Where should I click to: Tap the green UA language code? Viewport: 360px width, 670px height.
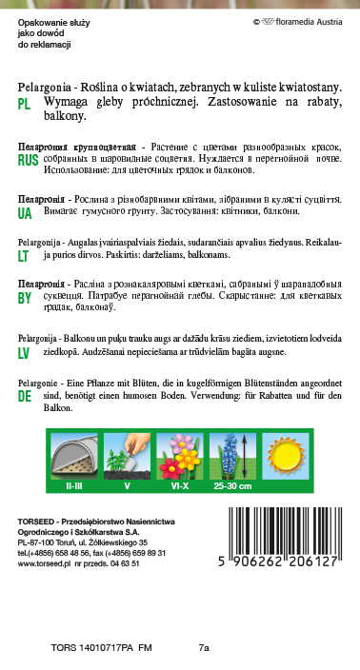(x=26, y=213)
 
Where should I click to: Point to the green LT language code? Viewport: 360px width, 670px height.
(x=24, y=256)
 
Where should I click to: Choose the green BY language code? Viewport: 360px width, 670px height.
(x=26, y=298)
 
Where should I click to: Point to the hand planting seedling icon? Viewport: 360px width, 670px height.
(x=127, y=454)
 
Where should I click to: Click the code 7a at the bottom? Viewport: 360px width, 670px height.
(x=204, y=648)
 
